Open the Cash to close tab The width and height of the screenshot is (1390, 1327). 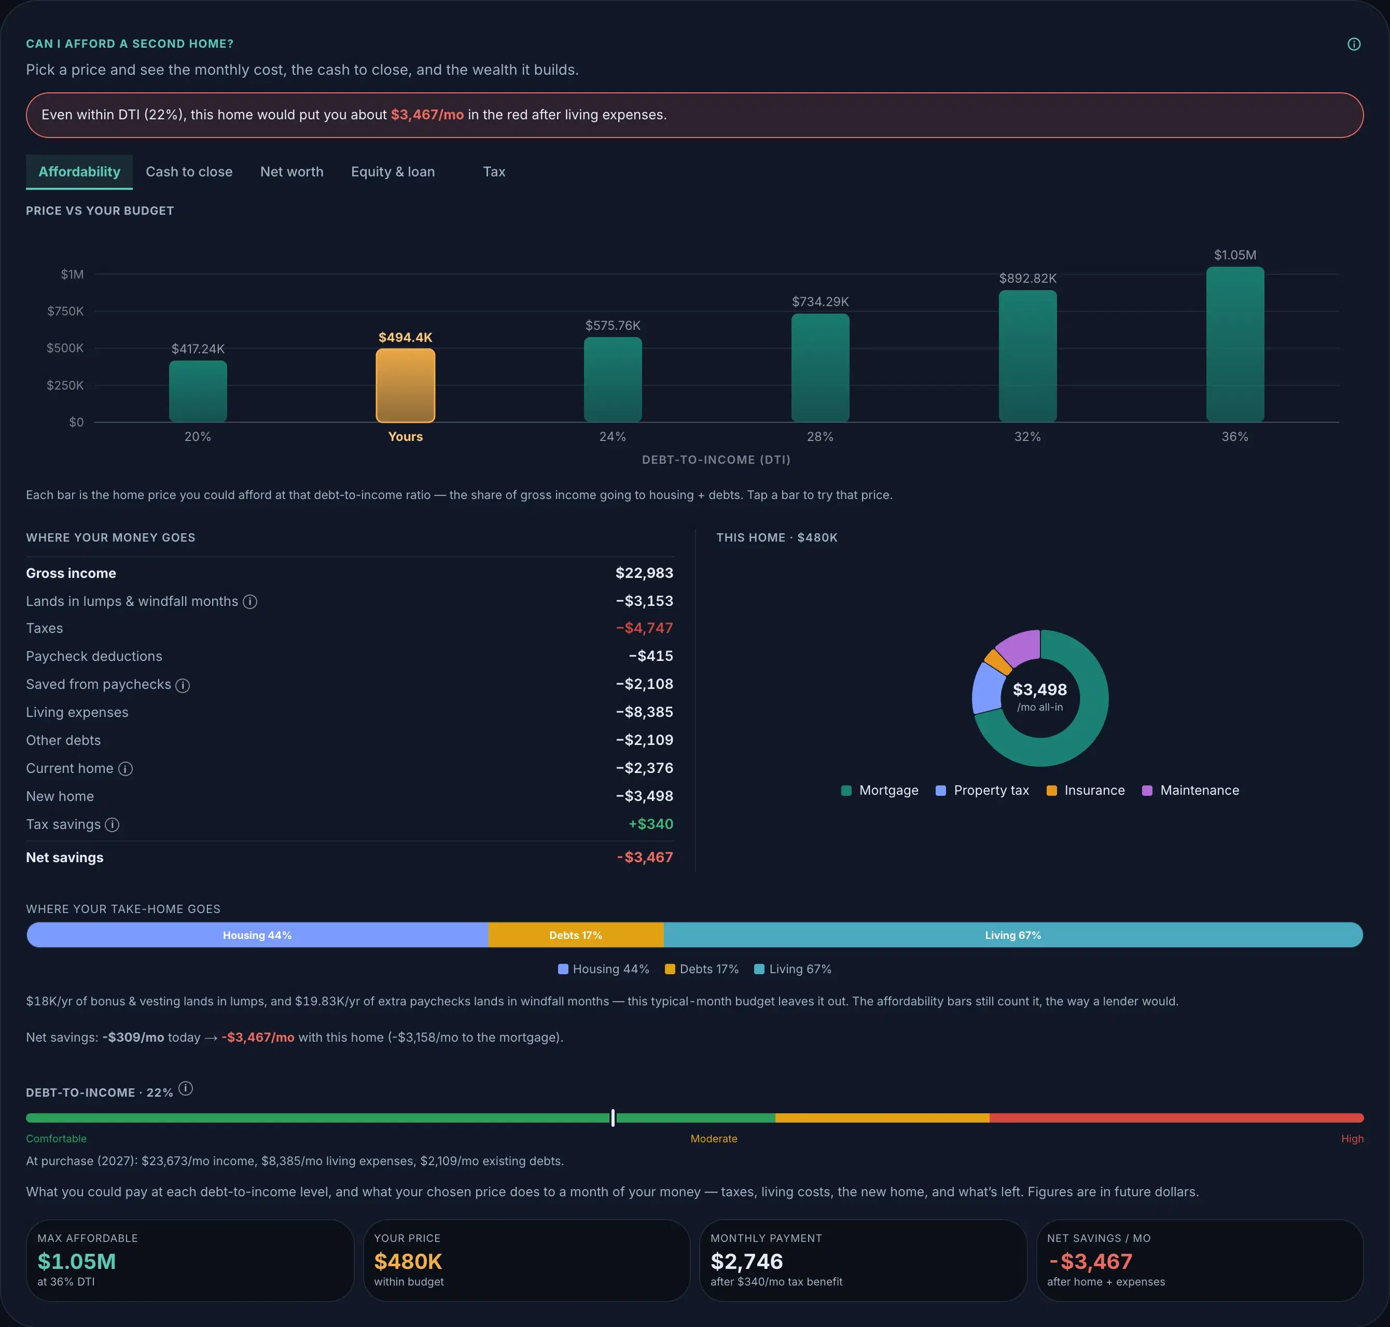click(x=189, y=172)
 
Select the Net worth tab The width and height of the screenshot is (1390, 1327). click(x=291, y=172)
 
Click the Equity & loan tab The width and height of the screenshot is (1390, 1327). click(x=393, y=172)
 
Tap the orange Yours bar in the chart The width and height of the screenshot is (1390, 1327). click(x=405, y=385)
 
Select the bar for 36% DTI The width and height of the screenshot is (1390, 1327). click(x=1234, y=344)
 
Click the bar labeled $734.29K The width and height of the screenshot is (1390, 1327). click(x=820, y=368)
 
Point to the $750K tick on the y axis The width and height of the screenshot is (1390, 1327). click(x=65, y=311)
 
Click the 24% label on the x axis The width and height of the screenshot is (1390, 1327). click(x=613, y=436)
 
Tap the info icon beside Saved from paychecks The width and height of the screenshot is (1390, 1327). click(x=183, y=685)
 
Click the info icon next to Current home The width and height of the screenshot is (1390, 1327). click(x=125, y=769)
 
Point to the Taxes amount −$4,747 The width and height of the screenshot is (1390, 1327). click(x=644, y=628)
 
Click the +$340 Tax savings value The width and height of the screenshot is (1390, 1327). click(x=651, y=824)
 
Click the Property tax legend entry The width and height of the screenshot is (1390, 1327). click(x=982, y=790)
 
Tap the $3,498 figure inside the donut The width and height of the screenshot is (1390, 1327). click(x=1040, y=689)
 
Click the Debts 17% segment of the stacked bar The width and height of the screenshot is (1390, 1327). click(x=576, y=935)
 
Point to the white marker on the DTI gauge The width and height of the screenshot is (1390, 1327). click(x=613, y=1117)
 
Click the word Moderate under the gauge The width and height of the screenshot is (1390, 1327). click(x=714, y=1139)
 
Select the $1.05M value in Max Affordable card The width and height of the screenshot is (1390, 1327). click(x=76, y=1261)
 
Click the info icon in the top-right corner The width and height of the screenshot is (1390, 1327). click(x=1354, y=44)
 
